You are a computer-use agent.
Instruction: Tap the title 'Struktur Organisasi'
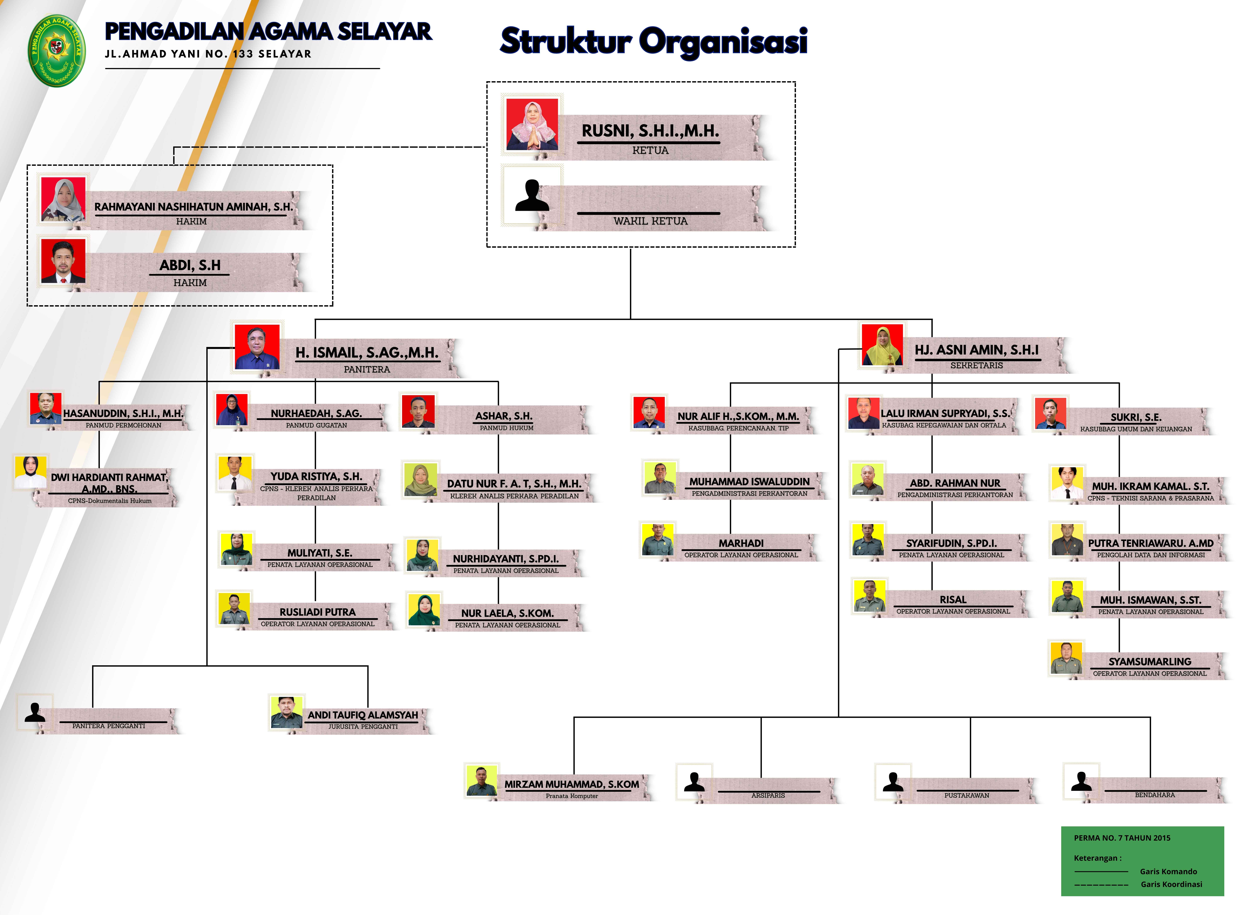click(654, 41)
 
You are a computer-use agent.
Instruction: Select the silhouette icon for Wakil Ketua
click(532, 196)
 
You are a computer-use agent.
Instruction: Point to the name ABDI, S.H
click(190, 265)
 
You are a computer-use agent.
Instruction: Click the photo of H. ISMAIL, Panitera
click(257, 347)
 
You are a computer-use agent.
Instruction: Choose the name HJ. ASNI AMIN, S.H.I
click(976, 350)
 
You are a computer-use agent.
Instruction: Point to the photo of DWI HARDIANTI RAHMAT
click(31, 472)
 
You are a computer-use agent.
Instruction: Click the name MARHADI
click(741, 543)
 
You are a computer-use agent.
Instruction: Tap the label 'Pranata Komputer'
click(572, 796)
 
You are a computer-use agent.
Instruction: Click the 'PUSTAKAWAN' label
click(966, 795)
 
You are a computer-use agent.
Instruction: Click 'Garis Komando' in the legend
click(1168, 871)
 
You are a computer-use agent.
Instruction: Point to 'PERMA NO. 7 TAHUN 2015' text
click(1122, 838)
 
